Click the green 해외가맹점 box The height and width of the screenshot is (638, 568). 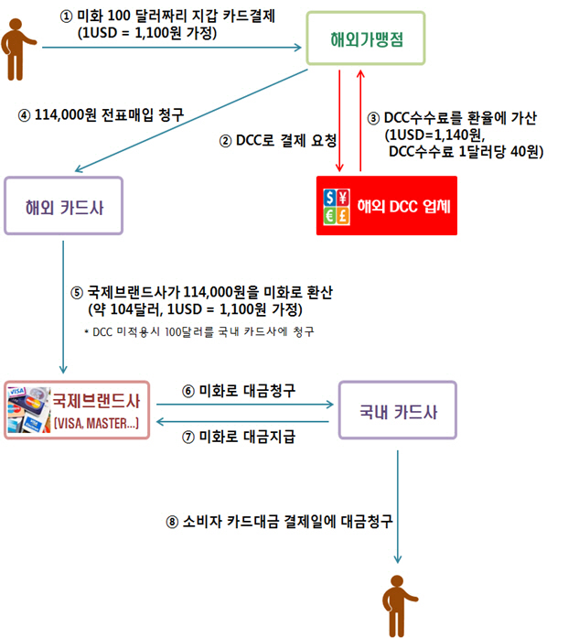point(366,38)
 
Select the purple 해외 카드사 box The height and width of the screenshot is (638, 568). point(63,205)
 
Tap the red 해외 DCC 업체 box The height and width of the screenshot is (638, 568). point(387,205)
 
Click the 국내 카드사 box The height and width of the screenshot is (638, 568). point(398,410)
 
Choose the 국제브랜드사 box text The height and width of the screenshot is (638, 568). point(96,401)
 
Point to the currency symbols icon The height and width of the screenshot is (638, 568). point(337,207)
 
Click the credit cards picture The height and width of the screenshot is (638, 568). point(29,409)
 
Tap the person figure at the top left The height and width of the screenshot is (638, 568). point(18,49)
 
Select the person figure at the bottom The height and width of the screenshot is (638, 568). point(399,605)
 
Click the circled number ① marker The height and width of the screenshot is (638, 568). point(66,16)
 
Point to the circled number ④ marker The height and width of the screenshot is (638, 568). point(24,115)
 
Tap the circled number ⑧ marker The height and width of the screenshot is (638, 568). point(172,522)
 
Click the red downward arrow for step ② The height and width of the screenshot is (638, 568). point(339,121)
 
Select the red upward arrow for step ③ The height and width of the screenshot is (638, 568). point(360,121)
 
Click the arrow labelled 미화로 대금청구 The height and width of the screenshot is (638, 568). point(245,405)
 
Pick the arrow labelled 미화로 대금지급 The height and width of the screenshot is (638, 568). point(242,422)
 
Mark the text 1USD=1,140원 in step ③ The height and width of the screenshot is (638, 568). point(434,135)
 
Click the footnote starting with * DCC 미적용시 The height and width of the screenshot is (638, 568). point(199,332)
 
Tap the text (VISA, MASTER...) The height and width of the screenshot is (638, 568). point(96,424)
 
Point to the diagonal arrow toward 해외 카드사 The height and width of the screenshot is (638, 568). point(191,121)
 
